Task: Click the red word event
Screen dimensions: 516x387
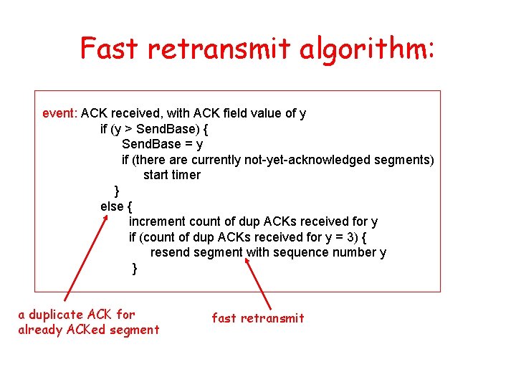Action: tap(59, 113)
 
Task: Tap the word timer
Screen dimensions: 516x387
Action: tap(187, 175)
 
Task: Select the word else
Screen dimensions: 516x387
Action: tap(112, 206)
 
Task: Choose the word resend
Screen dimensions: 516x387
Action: tap(171, 252)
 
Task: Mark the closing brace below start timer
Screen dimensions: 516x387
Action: tap(117, 191)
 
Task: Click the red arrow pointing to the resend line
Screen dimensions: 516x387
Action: tap(259, 284)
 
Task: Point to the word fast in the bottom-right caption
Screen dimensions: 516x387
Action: tap(224, 318)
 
